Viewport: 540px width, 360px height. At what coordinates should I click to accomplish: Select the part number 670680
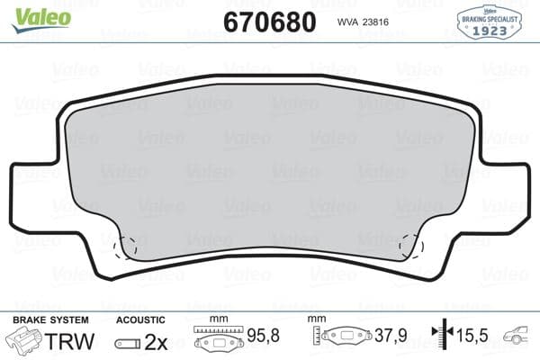270,22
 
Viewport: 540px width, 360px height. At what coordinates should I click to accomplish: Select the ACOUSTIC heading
141,319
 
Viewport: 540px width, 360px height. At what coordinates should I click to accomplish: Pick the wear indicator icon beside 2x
131,343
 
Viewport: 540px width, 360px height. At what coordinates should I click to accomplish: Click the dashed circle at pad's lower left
125,246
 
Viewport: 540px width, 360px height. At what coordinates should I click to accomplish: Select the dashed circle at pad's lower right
413,246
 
